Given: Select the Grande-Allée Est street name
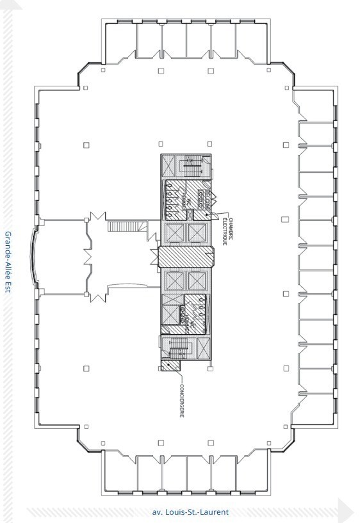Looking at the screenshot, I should tap(9, 262).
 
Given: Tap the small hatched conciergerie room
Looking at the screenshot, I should tap(170, 366).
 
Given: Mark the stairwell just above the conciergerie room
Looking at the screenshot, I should tap(178, 348).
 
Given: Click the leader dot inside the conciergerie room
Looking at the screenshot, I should tap(168, 366).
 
